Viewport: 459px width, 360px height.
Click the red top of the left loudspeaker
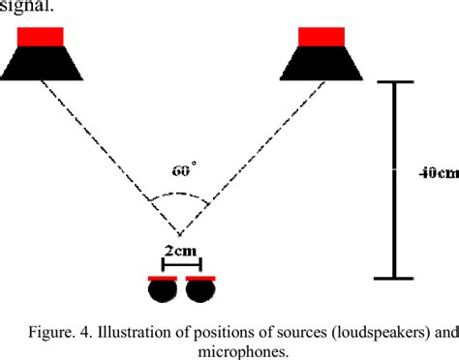(x=41, y=36)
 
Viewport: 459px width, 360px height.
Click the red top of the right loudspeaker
(x=321, y=36)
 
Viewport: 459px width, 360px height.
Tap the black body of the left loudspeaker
(x=41, y=63)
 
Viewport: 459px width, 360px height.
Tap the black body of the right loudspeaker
(x=321, y=63)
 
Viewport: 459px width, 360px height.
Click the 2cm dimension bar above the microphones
(x=181, y=262)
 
